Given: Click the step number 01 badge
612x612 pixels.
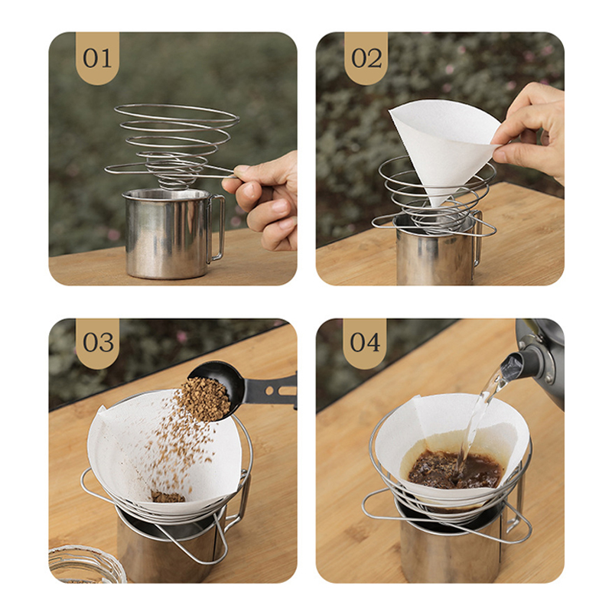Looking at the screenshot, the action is pos(97,58).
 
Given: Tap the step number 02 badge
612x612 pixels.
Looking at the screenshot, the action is pos(366,58).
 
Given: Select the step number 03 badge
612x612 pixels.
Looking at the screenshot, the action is pos(98,343).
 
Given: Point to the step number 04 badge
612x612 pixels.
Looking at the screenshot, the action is pos(365,343).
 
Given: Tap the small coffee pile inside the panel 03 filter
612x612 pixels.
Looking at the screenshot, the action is pos(167,496).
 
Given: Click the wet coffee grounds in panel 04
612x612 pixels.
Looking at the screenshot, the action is pos(455,470).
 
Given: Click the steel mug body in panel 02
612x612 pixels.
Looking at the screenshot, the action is pos(433,254).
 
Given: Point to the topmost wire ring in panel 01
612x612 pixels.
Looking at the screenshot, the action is pos(177,113).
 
